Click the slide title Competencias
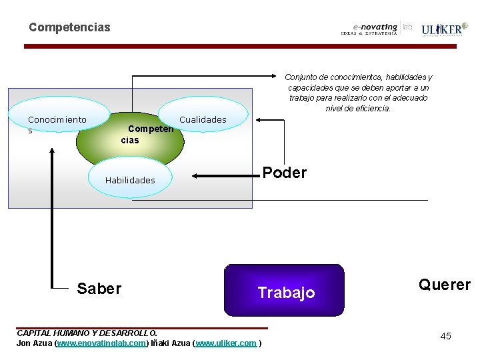(x=69, y=28)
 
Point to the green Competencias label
(x=147, y=134)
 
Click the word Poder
(x=284, y=173)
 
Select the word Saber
(x=99, y=289)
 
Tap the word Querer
(x=444, y=285)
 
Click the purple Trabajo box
(x=285, y=291)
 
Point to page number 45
(x=445, y=336)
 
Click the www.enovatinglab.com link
(x=101, y=343)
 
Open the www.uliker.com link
(x=226, y=343)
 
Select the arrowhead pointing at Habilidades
(x=197, y=177)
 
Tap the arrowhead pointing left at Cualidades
(x=261, y=119)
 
